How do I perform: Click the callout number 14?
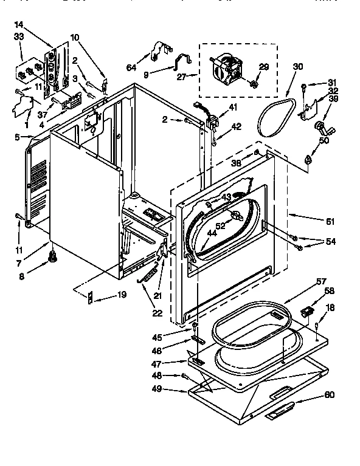click(18, 24)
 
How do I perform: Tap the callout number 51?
click(331, 221)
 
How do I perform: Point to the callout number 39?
click(333, 98)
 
